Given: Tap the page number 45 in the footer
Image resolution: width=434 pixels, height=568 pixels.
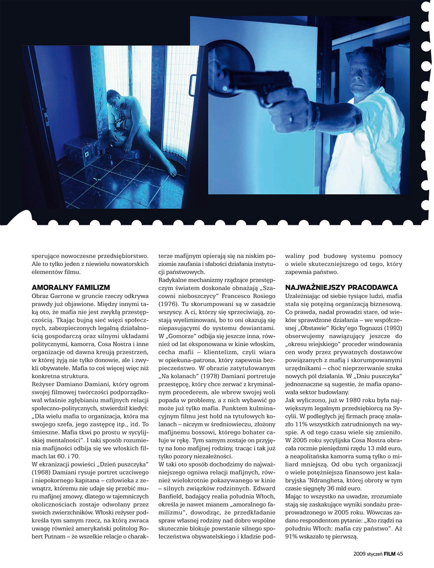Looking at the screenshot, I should [x=400, y=554].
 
